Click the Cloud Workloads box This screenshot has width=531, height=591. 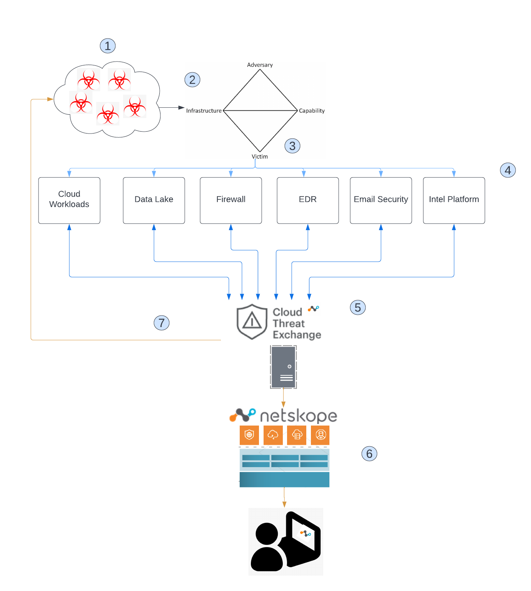coord(69,200)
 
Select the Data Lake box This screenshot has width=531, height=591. coord(154,200)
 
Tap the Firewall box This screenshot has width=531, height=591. coord(231,200)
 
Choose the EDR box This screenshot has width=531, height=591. coord(308,200)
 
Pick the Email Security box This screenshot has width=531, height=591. coord(381,200)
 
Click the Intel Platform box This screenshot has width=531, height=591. coord(454,200)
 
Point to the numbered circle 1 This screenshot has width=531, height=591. coord(108,46)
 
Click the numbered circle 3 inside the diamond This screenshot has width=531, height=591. coord(292,146)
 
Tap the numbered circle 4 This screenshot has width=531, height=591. coord(508,170)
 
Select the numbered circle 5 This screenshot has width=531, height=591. coord(358,307)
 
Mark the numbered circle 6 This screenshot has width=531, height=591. coord(369,454)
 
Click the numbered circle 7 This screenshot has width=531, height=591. coord(162,323)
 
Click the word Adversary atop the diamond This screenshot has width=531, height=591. coord(260,65)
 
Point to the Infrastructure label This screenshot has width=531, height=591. coord(204,111)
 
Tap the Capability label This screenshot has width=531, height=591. coord(312,111)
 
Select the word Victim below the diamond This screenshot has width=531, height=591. coord(260,157)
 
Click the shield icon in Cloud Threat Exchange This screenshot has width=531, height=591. coord(252,322)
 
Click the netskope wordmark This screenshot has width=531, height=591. coord(299,416)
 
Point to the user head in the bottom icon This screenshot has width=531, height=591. coord(267,534)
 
